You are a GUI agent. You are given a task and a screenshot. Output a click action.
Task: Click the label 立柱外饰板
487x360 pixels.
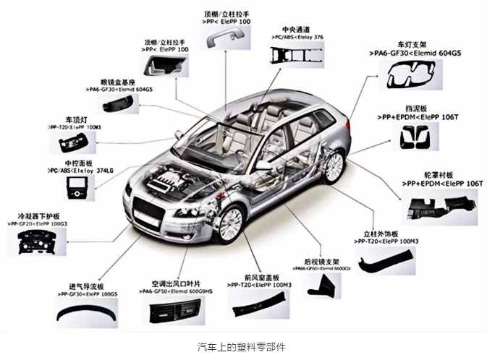coord(381,235)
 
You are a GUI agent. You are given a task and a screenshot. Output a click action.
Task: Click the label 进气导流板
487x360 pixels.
coord(86,286)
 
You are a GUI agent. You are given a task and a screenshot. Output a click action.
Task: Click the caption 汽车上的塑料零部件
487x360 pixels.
coord(242,346)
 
